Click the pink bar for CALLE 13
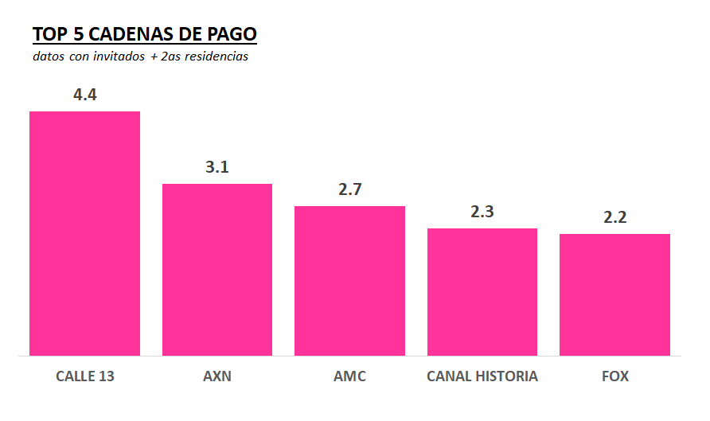point(84,233)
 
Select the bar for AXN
point(217,270)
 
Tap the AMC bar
point(349,281)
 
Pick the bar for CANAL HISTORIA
point(482,292)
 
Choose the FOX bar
point(614,294)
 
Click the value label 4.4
point(84,95)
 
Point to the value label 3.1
point(217,167)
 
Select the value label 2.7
point(349,189)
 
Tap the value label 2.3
point(482,212)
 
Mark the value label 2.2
point(614,217)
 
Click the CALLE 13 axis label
point(84,376)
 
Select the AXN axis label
point(217,376)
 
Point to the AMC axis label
point(349,376)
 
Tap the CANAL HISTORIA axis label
point(482,376)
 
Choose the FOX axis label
point(614,376)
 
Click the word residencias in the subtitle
point(216,57)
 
